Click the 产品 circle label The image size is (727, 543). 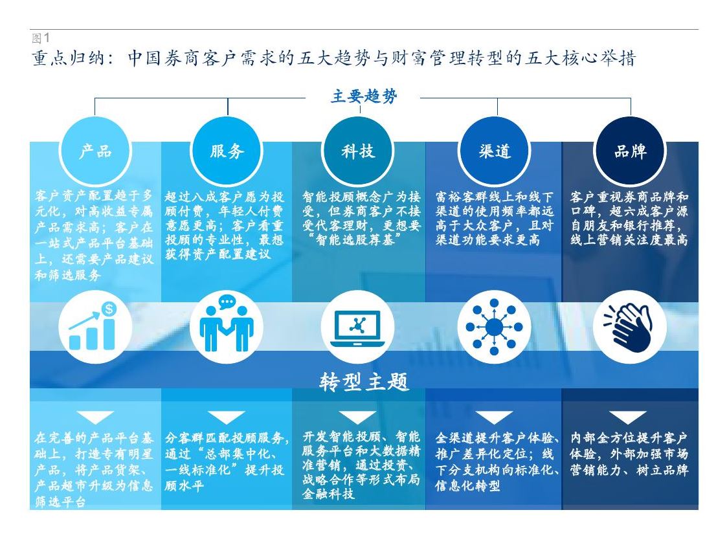pyautogui.click(x=96, y=151)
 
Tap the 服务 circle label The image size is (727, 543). pyautogui.click(x=227, y=151)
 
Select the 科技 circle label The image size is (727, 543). pyautogui.click(x=358, y=151)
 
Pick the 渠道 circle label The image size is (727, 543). pyautogui.click(x=495, y=151)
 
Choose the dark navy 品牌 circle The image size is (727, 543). pyautogui.click(x=630, y=151)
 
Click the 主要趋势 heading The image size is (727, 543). pyautogui.click(x=364, y=96)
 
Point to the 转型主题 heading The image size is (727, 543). pyautogui.click(x=364, y=382)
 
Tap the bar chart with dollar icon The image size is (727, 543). pyautogui.click(x=93, y=326)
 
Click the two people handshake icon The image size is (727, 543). pyautogui.click(x=227, y=323)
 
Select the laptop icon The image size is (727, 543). pyautogui.click(x=357, y=328)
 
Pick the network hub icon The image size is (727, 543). pyautogui.click(x=494, y=327)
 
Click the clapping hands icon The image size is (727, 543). pyautogui.click(x=629, y=326)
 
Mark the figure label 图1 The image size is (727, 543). pyautogui.click(x=40, y=38)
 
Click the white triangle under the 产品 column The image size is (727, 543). pyautogui.click(x=96, y=417)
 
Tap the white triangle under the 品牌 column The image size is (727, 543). pyautogui.click(x=627, y=417)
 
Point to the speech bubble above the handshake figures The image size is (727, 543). pyautogui.click(x=227, y=302)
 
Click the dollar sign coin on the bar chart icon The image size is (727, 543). pyautogui.click(x=109, y=309)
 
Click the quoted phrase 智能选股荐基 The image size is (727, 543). pyautogui.click(x=355, y=239)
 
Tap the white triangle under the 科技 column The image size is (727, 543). pyautogui.click(x=357, y=417)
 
